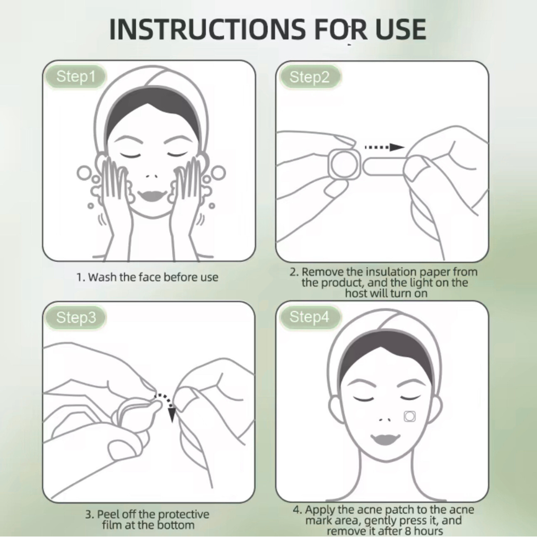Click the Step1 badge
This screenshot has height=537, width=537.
tap(75, 77)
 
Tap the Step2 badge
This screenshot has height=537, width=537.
tap(309, 77)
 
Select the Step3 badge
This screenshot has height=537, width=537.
tap(75, 318)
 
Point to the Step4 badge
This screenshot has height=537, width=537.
tap(309, 317)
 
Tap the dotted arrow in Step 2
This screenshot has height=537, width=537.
tap(384, 147)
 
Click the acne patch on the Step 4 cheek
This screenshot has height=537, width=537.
tap(409, 416)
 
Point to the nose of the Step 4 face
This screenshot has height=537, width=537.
tap(383, 419)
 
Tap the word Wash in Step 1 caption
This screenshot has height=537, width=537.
tap(102, 277)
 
